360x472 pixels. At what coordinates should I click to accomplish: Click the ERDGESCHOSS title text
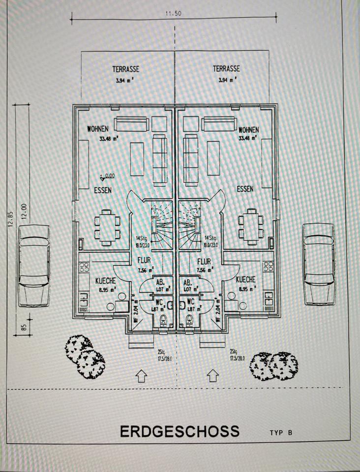point(180,431)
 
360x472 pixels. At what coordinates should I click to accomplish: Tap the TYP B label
point(281,433)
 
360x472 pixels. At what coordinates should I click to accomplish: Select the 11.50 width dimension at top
point(174,14)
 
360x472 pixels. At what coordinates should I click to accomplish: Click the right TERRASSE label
point(227,69)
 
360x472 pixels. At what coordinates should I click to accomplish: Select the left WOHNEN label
point(98,129)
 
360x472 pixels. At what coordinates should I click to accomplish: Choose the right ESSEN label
point(245,189)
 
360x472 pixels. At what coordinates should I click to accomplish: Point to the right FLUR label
point(204,263)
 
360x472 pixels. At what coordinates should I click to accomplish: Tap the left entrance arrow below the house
point(142,376)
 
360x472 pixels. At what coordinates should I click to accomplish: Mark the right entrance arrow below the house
point(212,376)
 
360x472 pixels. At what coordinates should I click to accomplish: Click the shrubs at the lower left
point(85,355)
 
